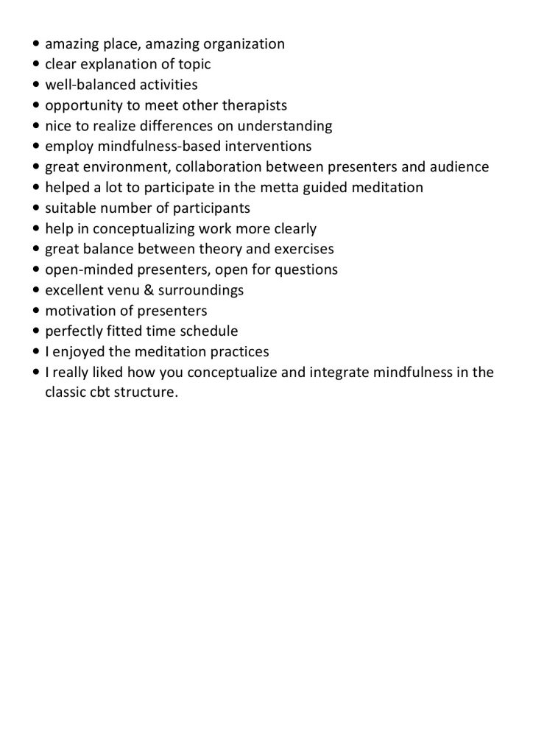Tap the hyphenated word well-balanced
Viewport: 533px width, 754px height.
click(x=88, y=85)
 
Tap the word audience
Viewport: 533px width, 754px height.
click(x=459, y=167)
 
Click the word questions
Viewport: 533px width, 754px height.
click(x=307, y=269)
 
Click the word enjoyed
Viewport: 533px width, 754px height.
click(x=78, y=352)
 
